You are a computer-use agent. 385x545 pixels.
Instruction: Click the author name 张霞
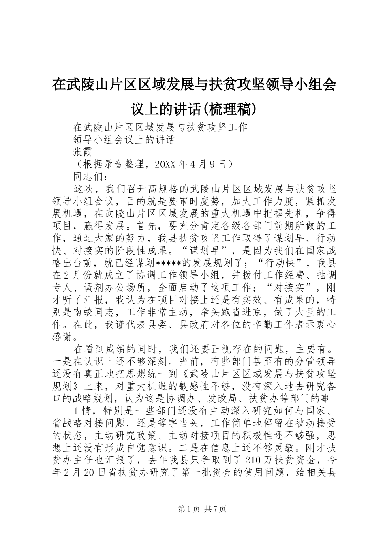pos(83,152)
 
